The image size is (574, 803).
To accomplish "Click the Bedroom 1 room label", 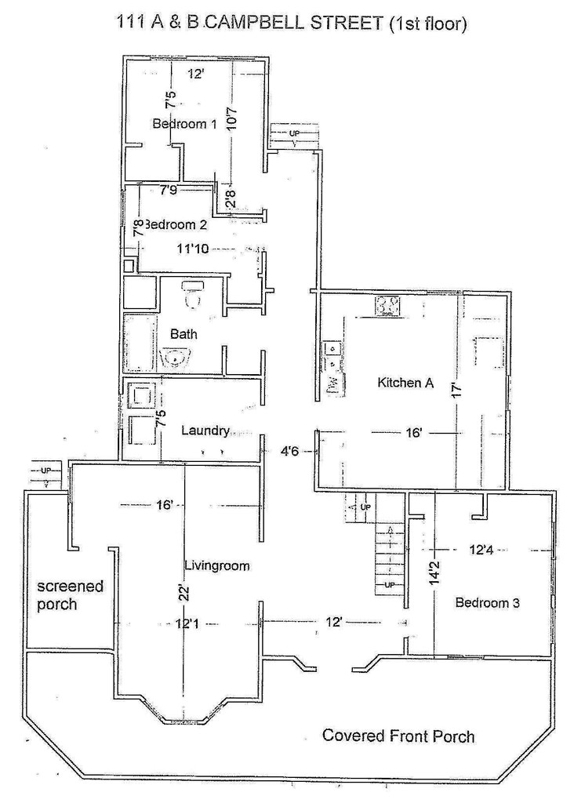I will coord(183,124).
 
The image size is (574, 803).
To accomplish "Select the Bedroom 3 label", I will coord(487,602).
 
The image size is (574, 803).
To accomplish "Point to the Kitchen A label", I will coord(405,383).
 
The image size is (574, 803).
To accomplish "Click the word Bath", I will coord(183,334).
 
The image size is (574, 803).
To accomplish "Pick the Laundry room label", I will coord(205,430).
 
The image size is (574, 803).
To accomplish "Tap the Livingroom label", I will coord(216,565).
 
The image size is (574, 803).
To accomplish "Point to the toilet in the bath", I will coord(193,295).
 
